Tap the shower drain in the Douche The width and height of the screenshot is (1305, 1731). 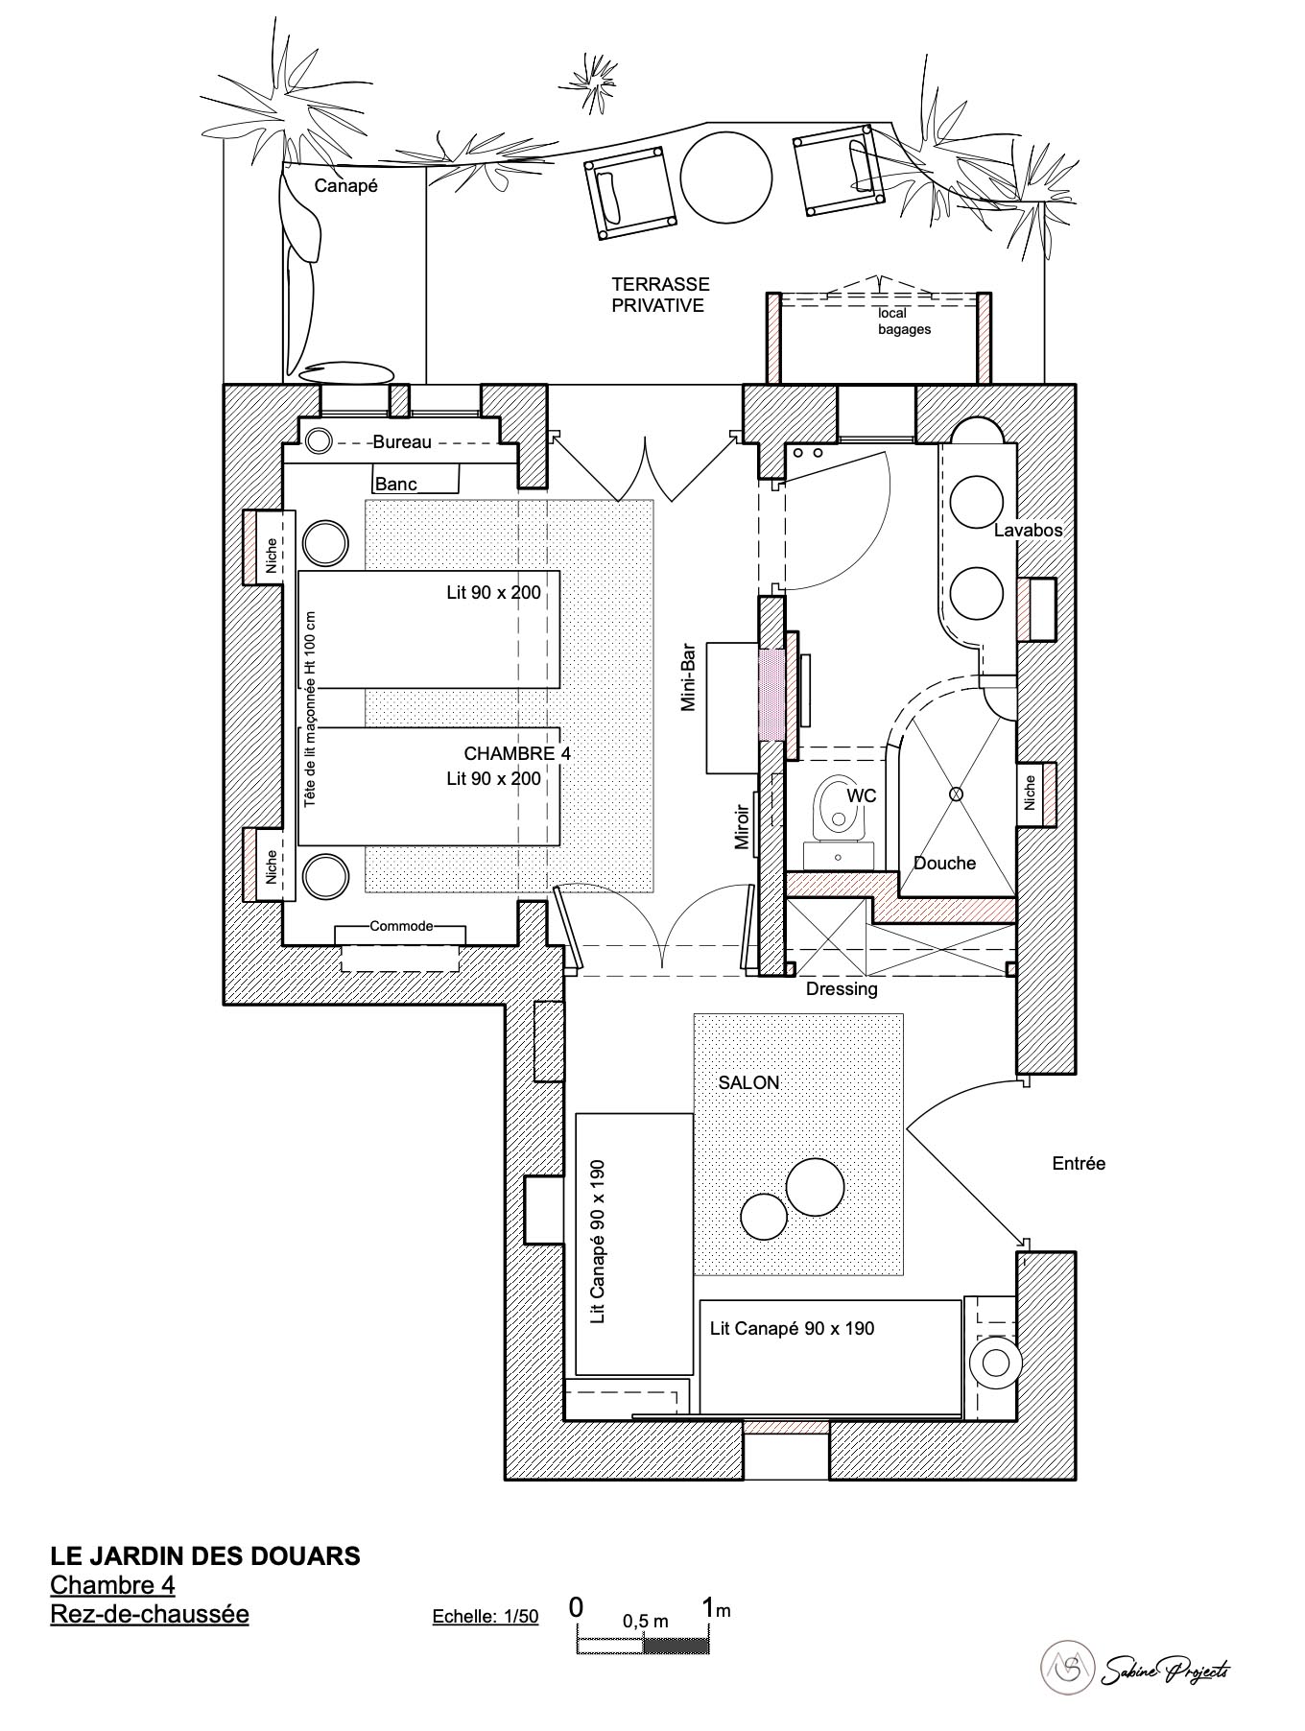[x=956, y=794]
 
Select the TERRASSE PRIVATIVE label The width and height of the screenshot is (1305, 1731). [x=660, y=295]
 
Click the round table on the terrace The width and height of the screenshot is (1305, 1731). [x=726, y=177]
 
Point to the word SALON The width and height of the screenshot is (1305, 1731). [x=748, y=1082]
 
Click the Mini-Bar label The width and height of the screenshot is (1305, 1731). [x=688, y=676]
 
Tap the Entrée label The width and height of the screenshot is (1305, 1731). [x=1079, y=1163]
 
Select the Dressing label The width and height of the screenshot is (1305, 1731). [x=842, y=989]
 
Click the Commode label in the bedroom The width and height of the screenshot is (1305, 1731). [x=401, y=926]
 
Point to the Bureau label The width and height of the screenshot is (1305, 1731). [x=402, y=442]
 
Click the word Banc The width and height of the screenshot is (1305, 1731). [x=395, y=484]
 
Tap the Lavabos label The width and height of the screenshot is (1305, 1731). [x=1028, y=530]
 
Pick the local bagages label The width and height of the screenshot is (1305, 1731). [x=904, y=321]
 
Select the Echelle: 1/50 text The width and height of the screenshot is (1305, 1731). [x=486, y=1616]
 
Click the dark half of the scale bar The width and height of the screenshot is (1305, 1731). [x=676, y=1646]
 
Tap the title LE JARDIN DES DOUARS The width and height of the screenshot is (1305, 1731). [x=205, y=1555]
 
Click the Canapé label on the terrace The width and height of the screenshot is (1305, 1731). [x=345, y=186]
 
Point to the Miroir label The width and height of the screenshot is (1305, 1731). [x=741, y=826]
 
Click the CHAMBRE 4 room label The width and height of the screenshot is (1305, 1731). [x=517, y=753]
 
